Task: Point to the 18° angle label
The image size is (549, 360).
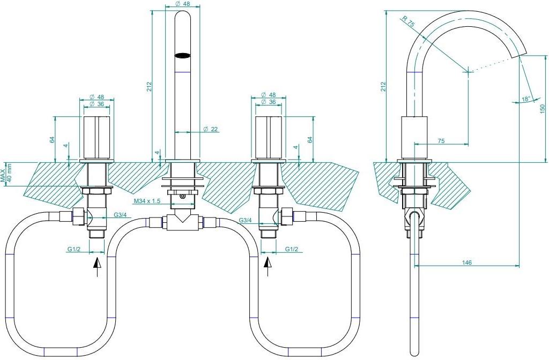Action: (525, 99)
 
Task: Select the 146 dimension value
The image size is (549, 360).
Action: (466, 262)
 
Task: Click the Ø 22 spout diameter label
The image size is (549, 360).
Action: (210, 129)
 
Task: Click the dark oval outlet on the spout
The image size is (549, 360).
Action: (183, 55)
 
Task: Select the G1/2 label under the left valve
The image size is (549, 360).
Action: (75, 249)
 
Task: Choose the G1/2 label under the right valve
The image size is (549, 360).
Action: (292, 249)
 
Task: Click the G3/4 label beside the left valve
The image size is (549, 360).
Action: (120, 215)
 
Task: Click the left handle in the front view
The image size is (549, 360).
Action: (98, 137)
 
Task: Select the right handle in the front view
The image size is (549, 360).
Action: (269, 137)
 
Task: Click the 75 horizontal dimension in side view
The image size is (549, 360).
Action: (441, 140)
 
